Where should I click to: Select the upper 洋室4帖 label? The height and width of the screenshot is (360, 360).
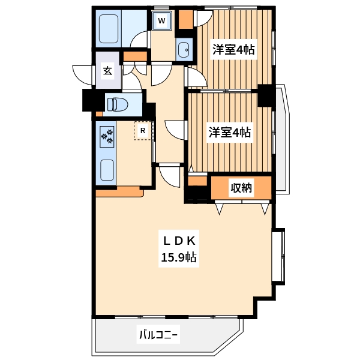pyautogui.click(x=233, y=50)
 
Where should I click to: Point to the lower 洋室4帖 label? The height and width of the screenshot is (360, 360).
pyautogui.click(x=230, y=132)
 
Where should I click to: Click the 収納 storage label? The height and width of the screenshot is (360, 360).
pyautogui.click(x=242, y=188)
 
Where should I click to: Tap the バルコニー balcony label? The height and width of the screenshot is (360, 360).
pyautogui.click(x=158, y=334)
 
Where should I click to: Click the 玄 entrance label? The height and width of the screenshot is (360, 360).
pyautogui.click(x=107, y=71)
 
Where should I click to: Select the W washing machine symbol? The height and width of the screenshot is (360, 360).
pyautogui.click(x=161, y=21)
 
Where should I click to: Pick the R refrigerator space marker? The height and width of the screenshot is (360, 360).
pyautogui.click(x=143, y=130)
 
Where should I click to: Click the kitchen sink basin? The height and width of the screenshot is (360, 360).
pyautogui.click(x=108, y=172)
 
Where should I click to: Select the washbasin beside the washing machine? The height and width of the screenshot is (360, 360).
pyautogui.click(x=184, y=49)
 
